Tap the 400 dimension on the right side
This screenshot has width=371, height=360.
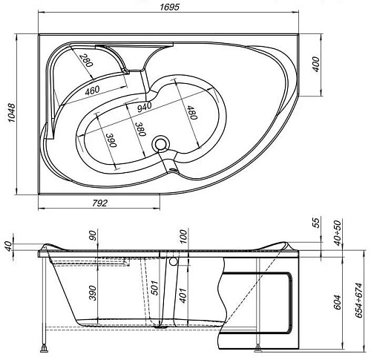317,65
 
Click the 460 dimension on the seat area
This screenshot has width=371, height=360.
92,91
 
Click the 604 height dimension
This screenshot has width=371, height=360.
338,302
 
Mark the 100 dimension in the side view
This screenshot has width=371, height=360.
182,238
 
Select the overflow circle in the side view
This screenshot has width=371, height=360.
173,261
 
